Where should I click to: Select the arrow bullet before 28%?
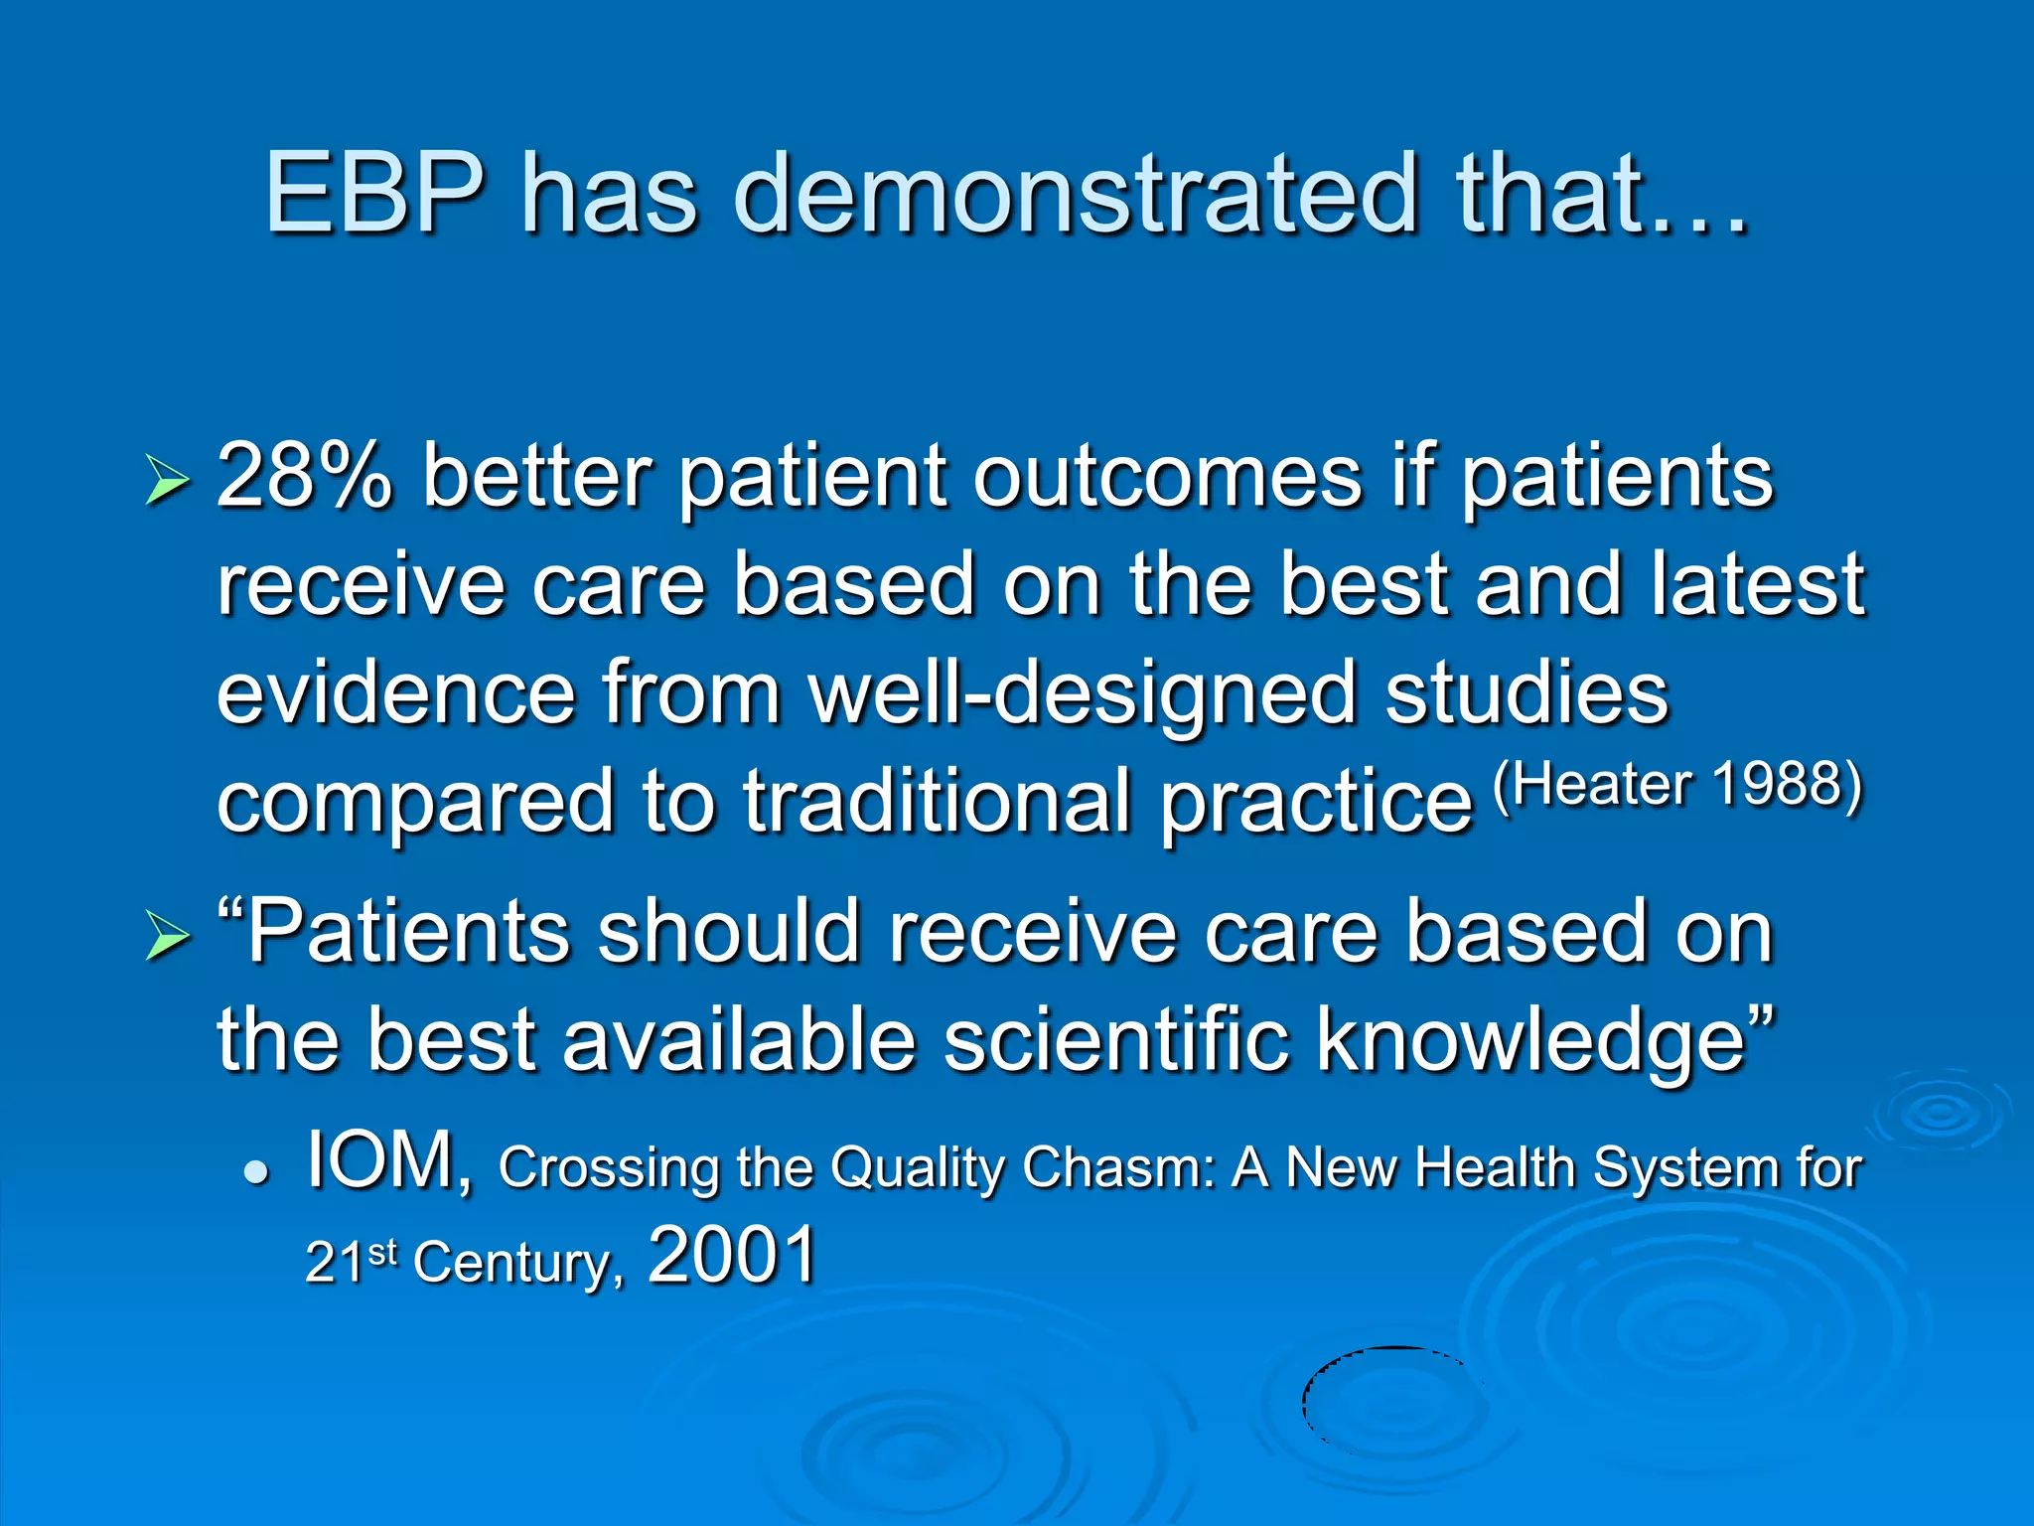pos(166,480)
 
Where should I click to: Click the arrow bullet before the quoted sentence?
pos(166,935)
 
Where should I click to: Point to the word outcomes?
pos(1167,477)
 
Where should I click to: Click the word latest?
pos(1758,586)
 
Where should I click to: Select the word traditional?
pos(938,803)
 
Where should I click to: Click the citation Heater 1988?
pos(1678,785)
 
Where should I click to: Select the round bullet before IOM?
pos(257,1172)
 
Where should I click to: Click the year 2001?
pos(732,1256)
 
